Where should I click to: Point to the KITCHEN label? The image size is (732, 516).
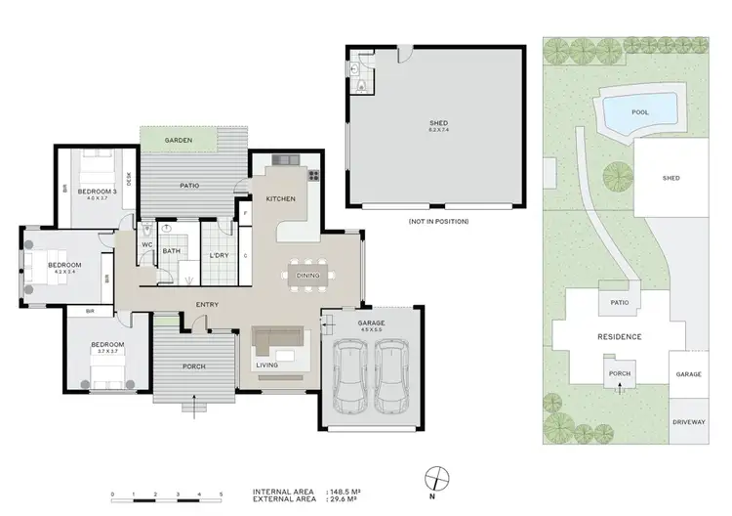point(281,199)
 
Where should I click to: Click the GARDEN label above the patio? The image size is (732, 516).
point(178,141)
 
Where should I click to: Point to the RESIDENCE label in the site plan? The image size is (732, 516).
point(619,336)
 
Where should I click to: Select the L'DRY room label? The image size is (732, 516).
point(219,256)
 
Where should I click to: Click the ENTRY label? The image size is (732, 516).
point(206,304)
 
